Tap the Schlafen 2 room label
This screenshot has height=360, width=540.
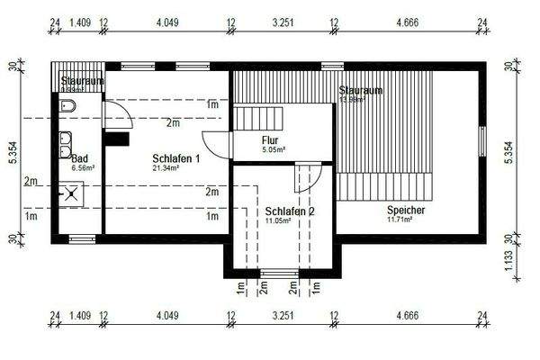click(x=290, y=211)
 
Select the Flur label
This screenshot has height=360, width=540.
click(x=270, y=140)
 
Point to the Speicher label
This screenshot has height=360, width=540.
click(x=405, y=209)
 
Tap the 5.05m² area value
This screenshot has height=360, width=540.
click(x=273, y=150)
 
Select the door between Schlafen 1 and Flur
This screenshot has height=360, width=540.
click(x=218, y=144)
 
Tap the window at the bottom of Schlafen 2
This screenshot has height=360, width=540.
click(x=279, y=272)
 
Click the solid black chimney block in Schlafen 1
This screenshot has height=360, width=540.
click(x=113, y=138)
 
